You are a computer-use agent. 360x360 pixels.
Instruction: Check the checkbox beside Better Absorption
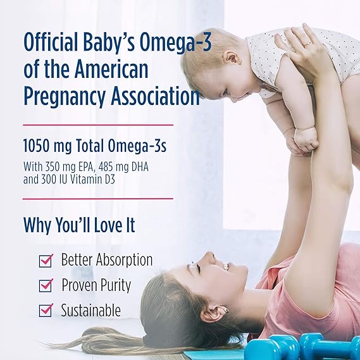tap(46, 260)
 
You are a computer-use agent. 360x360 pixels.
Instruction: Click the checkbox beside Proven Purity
tap(46, 285)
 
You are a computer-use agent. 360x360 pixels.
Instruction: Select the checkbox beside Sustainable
tap(46, 310)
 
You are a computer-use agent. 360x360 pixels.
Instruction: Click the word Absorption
tap(124, 259)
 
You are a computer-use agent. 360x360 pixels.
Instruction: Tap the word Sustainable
tap(90, 310)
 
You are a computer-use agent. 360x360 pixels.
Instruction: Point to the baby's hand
tap(306, 139)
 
